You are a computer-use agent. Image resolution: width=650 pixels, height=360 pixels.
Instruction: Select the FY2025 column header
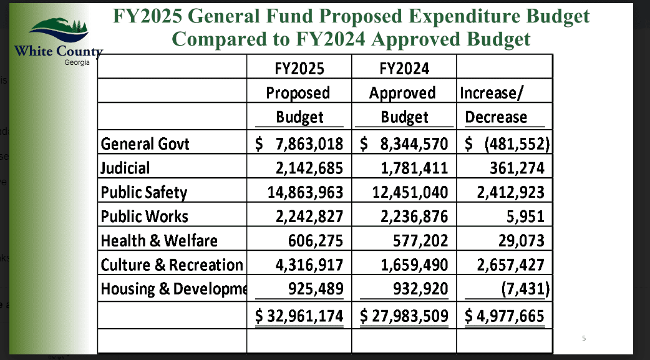299,68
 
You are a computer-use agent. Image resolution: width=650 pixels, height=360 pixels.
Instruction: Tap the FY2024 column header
404,68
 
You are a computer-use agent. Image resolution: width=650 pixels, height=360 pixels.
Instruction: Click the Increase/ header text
492,93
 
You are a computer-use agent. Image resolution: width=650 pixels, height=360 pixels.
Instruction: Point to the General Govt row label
145,144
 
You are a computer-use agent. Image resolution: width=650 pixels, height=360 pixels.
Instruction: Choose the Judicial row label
125,168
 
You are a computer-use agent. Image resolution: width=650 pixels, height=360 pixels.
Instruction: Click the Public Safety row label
144,192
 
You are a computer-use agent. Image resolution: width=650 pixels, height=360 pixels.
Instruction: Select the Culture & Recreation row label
172,265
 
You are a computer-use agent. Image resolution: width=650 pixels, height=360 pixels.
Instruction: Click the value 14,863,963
305,192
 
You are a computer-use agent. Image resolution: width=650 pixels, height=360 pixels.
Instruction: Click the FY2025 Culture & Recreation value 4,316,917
311,265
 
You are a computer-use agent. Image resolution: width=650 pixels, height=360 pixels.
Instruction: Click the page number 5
584,339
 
